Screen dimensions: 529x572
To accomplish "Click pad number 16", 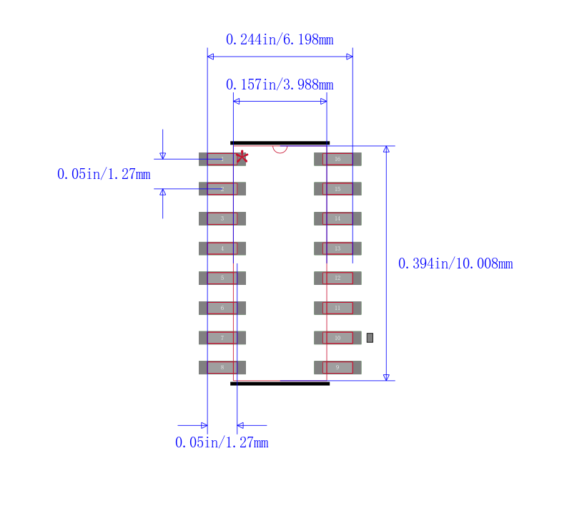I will click(337, 159).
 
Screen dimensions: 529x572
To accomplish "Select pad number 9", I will click(337, 367).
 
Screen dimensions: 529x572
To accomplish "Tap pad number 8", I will click(222, 367).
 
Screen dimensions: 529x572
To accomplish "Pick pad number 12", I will click(337, 278).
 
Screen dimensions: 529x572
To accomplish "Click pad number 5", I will click(222, 278).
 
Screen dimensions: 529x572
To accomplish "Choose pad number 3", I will click(222, 218).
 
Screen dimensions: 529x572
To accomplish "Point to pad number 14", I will click(337, 218).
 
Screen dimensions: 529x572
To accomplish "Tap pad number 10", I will click(337, 337).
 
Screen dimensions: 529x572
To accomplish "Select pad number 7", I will click(222, 337).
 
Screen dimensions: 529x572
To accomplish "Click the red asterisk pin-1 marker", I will click(242, 156).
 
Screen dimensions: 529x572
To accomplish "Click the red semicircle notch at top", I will click(280, 148).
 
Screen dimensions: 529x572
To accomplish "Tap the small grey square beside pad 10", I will click(370, 337).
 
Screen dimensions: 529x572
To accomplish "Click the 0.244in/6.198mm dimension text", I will click(280, 40).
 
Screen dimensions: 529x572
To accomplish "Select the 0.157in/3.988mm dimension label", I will click(280, 85).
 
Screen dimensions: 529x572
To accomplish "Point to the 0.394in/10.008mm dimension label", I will click(455, 264).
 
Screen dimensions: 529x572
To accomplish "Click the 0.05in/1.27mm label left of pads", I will click(104, 174).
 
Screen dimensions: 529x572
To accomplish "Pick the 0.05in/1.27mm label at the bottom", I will click(222, 443).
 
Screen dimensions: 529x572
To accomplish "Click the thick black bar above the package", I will click(280, 142).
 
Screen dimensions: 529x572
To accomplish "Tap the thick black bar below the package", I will click(280, 384).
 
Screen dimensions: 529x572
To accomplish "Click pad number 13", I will click(337, 248).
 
